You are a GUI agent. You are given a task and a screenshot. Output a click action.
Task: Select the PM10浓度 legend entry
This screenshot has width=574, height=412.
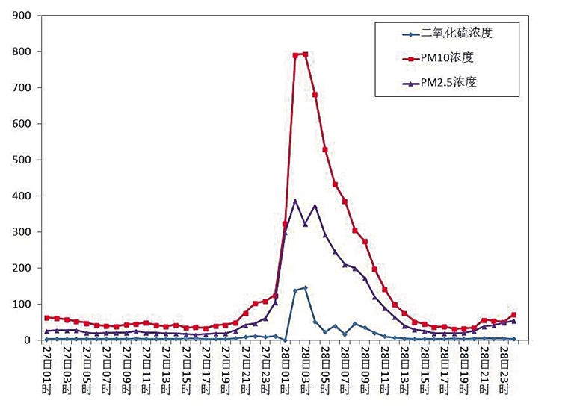coord(448,57)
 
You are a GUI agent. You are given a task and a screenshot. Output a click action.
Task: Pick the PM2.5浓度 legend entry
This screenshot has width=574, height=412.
coord(448,82)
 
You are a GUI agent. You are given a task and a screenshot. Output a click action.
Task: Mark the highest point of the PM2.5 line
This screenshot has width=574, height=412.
coord(295,200)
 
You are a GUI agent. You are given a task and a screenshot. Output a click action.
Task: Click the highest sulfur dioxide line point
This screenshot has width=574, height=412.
coord(305,287)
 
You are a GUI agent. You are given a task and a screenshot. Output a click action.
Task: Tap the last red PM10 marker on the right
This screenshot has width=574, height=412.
coord(513,315)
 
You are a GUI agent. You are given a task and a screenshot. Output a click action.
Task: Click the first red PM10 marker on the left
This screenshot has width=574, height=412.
coord(47,318)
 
